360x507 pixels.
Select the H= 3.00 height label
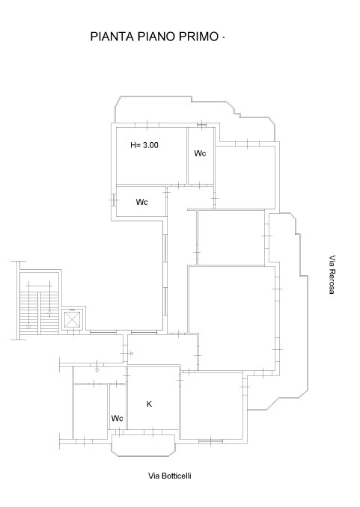144,145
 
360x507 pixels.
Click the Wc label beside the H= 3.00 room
200,153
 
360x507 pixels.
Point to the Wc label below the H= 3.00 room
141,202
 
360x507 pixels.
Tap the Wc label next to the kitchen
118,418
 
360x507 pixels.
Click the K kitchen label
149,404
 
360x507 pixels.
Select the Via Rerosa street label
332,274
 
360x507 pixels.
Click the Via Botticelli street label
170,476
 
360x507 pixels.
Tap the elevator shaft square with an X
72,320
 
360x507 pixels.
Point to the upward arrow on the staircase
49,312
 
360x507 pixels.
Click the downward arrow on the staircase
28,327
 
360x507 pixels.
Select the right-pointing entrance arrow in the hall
132,354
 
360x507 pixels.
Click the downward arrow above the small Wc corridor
97,371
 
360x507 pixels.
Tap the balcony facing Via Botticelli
144,445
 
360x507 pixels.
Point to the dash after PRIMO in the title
223,38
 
